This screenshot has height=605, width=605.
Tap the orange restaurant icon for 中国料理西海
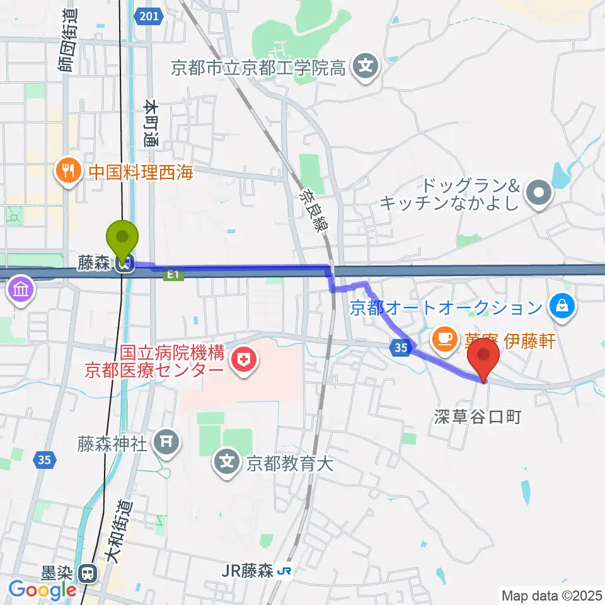click(x=66, y=171)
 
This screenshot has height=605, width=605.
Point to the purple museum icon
click(x=20, y=291)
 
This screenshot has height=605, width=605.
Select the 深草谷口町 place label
click(x=478, y=417)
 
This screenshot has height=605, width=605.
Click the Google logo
click(x=42, y=590)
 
